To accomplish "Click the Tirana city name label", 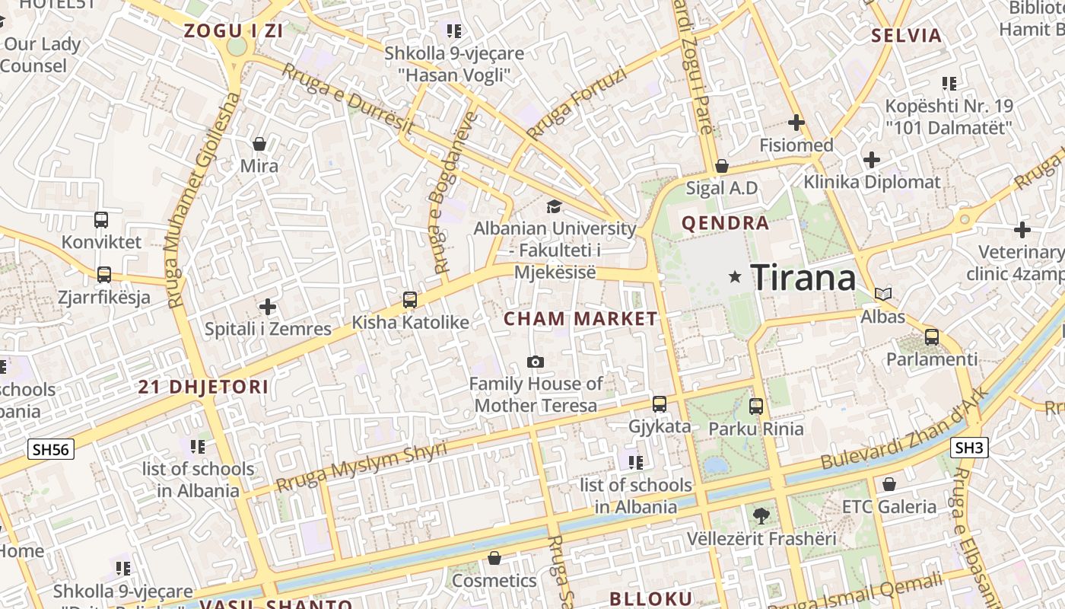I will click(803, 277).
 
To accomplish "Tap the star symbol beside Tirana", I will click(735, 277).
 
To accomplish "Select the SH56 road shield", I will click(51, 449).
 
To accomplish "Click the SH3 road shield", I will click(969, 448).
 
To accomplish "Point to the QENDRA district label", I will click(726, 223).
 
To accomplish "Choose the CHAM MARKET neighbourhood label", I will click(580, 319).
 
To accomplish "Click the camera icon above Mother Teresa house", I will click(536, 362).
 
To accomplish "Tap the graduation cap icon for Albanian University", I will click(555, 206).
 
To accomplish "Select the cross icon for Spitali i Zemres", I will click(268, 307).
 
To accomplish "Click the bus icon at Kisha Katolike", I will click(410, 300).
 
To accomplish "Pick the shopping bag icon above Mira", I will click(259, 144).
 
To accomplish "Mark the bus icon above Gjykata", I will click(660, 404).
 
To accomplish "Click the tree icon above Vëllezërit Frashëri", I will click(760, 516).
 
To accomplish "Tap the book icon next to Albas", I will click(883, 294).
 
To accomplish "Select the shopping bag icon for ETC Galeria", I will click(889, 484).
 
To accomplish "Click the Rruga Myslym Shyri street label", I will click(361, 466).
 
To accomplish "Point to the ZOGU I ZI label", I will click(234, 31).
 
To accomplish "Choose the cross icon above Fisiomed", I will click(796, 122).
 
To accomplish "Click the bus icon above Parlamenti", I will click(932, 336).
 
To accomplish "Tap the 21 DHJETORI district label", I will click(203, 387).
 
